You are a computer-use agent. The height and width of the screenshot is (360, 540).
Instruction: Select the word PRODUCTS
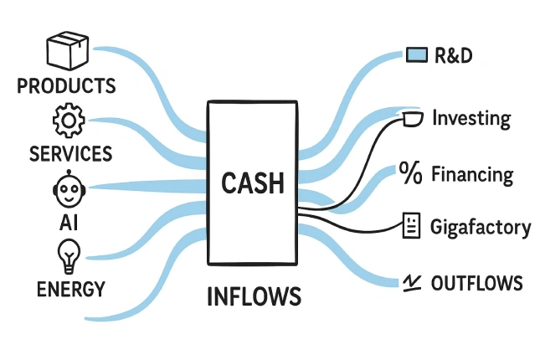click(x=66, y=86)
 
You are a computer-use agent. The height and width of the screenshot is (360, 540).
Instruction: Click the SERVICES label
click(x=70, y=154)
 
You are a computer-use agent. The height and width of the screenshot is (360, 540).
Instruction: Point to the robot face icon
click(x=69, y=188)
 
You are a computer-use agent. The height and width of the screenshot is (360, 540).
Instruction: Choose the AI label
click(x=69, y=222)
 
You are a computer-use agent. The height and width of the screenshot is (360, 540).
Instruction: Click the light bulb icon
click(x=69, y=255)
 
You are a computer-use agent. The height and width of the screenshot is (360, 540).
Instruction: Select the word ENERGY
click(x=71, y=290)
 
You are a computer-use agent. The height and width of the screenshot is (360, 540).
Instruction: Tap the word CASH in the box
click(x=253, y=183)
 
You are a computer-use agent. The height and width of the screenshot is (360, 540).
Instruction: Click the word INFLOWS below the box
click(x=254, y=297)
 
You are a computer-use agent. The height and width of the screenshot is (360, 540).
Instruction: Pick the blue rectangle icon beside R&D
click(x=416, y=56)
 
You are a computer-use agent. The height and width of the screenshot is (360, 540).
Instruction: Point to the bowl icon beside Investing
click(x=410, y=119)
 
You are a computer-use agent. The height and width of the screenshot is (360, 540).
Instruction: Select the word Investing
click(x=471, y=119)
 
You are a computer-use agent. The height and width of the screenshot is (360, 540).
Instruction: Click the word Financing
click(x=471, y=175)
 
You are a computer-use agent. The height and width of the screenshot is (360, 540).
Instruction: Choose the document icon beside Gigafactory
click(x=410, y=226)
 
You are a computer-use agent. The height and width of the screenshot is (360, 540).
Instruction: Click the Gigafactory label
click(x=480, y=227)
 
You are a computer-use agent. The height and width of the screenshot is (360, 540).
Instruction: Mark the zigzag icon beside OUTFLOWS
click(x=410, y=283)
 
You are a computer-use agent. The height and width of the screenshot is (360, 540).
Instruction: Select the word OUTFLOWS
click(x=476, y=283)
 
